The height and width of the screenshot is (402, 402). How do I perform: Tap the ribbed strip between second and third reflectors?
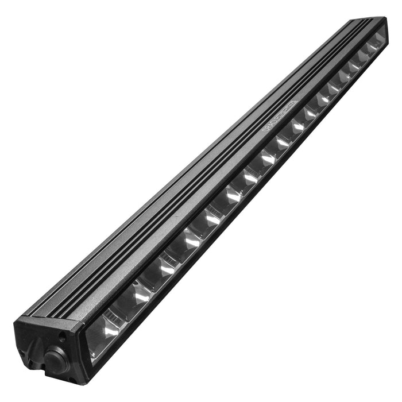(152, 279)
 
